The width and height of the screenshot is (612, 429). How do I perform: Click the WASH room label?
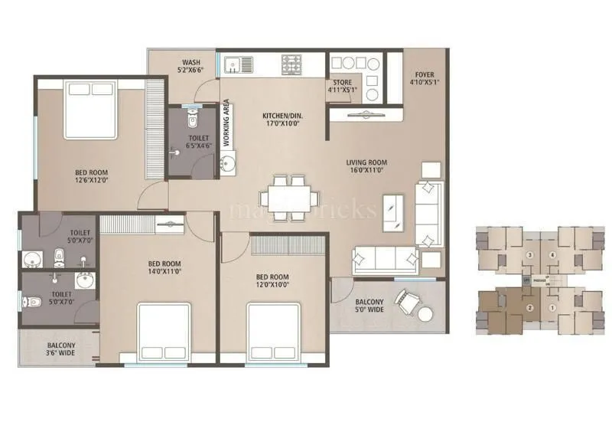[191, 62]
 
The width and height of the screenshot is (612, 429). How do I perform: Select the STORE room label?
[342, 82]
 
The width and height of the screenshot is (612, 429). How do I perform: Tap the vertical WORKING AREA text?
[226, 122]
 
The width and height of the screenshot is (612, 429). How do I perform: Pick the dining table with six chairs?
[291, 198]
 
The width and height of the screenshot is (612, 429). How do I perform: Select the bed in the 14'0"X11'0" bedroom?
[163, 329]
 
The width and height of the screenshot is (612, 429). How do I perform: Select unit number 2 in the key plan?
[529, 308]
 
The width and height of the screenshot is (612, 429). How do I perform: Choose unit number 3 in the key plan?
[529, 255]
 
